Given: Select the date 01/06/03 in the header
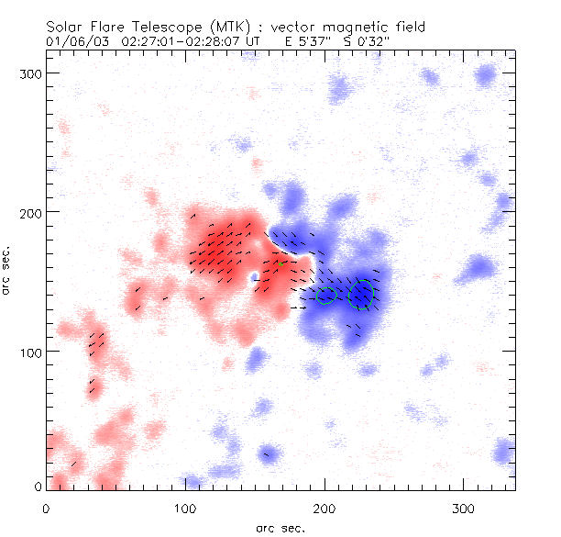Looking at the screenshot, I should tap(72, 41).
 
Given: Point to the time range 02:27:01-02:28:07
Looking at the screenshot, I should tap(174, 41).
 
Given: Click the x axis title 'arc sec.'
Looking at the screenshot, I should tap(280, 528).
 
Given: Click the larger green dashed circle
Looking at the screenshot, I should tap(363, 295).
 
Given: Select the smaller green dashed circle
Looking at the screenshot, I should tap(327, 296).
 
